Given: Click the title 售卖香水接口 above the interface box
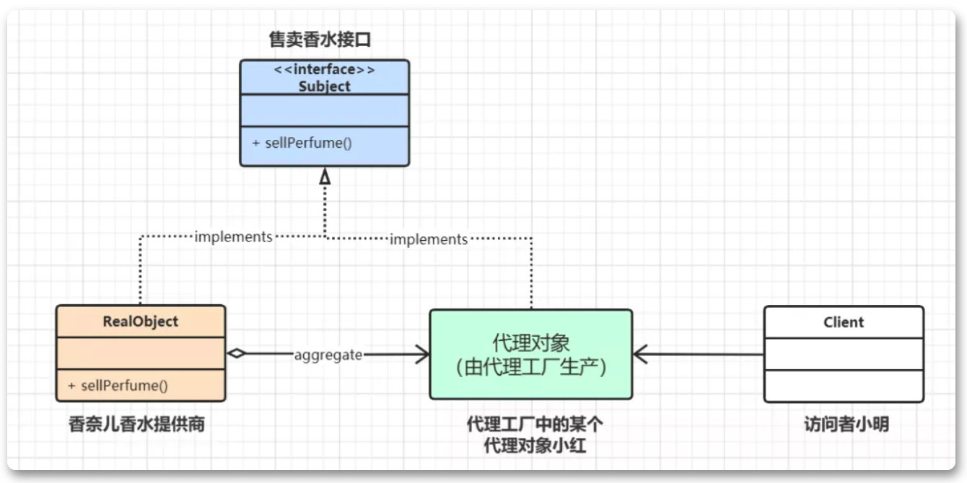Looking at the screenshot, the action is [x=320, y=40].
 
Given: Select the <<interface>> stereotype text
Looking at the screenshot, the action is [x=324, y=69].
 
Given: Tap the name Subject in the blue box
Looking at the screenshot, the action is [x=324, y=87].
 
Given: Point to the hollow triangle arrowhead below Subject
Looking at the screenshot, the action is [x=325, y=177].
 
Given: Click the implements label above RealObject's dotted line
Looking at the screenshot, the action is [x=233, y=236].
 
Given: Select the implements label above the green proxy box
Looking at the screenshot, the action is [x=429, y=239].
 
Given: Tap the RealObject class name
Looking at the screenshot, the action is [x=140, y=322].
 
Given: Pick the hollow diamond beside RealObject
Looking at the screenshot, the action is [x=237, y=354].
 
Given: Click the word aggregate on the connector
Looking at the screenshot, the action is [x=328, y=355].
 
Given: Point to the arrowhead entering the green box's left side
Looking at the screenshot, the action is [x=423, y=355].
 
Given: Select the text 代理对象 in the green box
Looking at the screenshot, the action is [x=531, y=343].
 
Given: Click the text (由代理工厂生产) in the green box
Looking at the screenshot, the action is [x=531, y=368].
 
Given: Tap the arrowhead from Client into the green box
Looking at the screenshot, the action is [x=640, y=355].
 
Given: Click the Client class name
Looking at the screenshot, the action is [x=844, y=322].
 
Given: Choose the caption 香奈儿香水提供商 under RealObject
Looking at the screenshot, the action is [x=136, y=425].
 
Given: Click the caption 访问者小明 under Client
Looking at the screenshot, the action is [x=846, y=425].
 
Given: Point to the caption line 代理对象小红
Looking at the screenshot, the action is [x=535, y=446].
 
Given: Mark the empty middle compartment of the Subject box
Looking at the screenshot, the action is [x=325, y=111].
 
